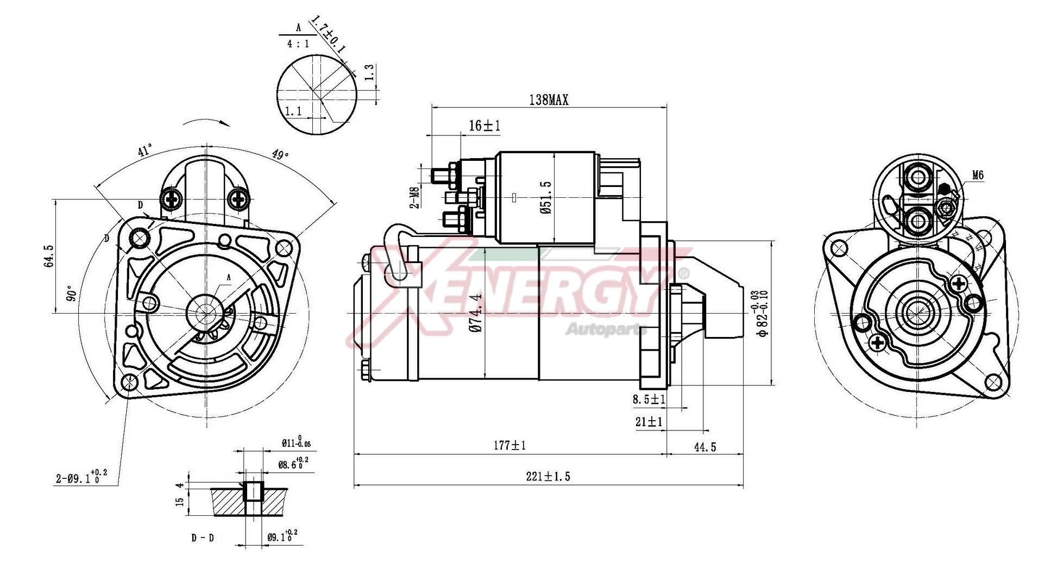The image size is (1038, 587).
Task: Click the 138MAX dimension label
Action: tap(548, 99)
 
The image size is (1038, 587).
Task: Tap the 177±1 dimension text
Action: tap(509, 446)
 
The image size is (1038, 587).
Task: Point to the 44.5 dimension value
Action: tap(704, 447)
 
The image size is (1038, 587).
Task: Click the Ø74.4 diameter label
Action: tap(476, 313)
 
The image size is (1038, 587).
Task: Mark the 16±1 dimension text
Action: tap(484, 126)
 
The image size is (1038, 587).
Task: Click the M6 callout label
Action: tap(977, 175)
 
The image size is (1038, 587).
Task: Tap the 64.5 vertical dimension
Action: tap(49, 255)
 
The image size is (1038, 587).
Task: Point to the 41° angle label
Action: tap(144, 151)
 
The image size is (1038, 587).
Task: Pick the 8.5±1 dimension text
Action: tap(649, 399)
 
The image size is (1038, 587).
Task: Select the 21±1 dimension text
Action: tap(649, 421)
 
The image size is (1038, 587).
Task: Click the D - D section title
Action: tap(203, 538)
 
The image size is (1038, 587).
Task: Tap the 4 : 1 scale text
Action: tap(298, 43)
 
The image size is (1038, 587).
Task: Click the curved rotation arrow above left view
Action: tap(206, 122)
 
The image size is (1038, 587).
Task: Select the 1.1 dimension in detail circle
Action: tap(293, 111)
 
